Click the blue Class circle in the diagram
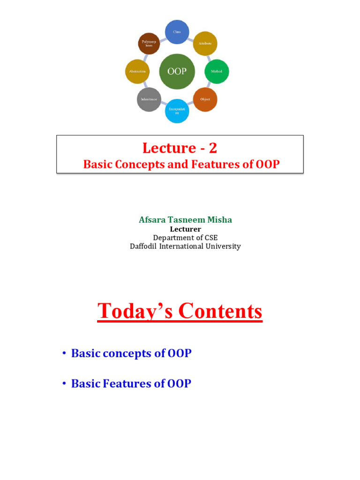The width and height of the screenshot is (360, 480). tap(177, 32)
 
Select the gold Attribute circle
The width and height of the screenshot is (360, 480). tap(205, 43)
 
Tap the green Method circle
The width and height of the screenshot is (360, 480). tap(217, 71)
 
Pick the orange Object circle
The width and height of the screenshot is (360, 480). tap(205, 99)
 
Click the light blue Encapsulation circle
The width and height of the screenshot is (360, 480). tap(177, 111)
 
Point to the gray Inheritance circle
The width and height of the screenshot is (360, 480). tap(149, 99)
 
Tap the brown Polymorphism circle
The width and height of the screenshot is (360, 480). tap(149, 43)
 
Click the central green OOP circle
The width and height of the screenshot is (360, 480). tap(177, 71)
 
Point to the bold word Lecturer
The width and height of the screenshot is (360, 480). tap(185, 229)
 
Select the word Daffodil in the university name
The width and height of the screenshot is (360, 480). tap(144, 246)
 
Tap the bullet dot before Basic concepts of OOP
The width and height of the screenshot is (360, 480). tap(63, 353)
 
